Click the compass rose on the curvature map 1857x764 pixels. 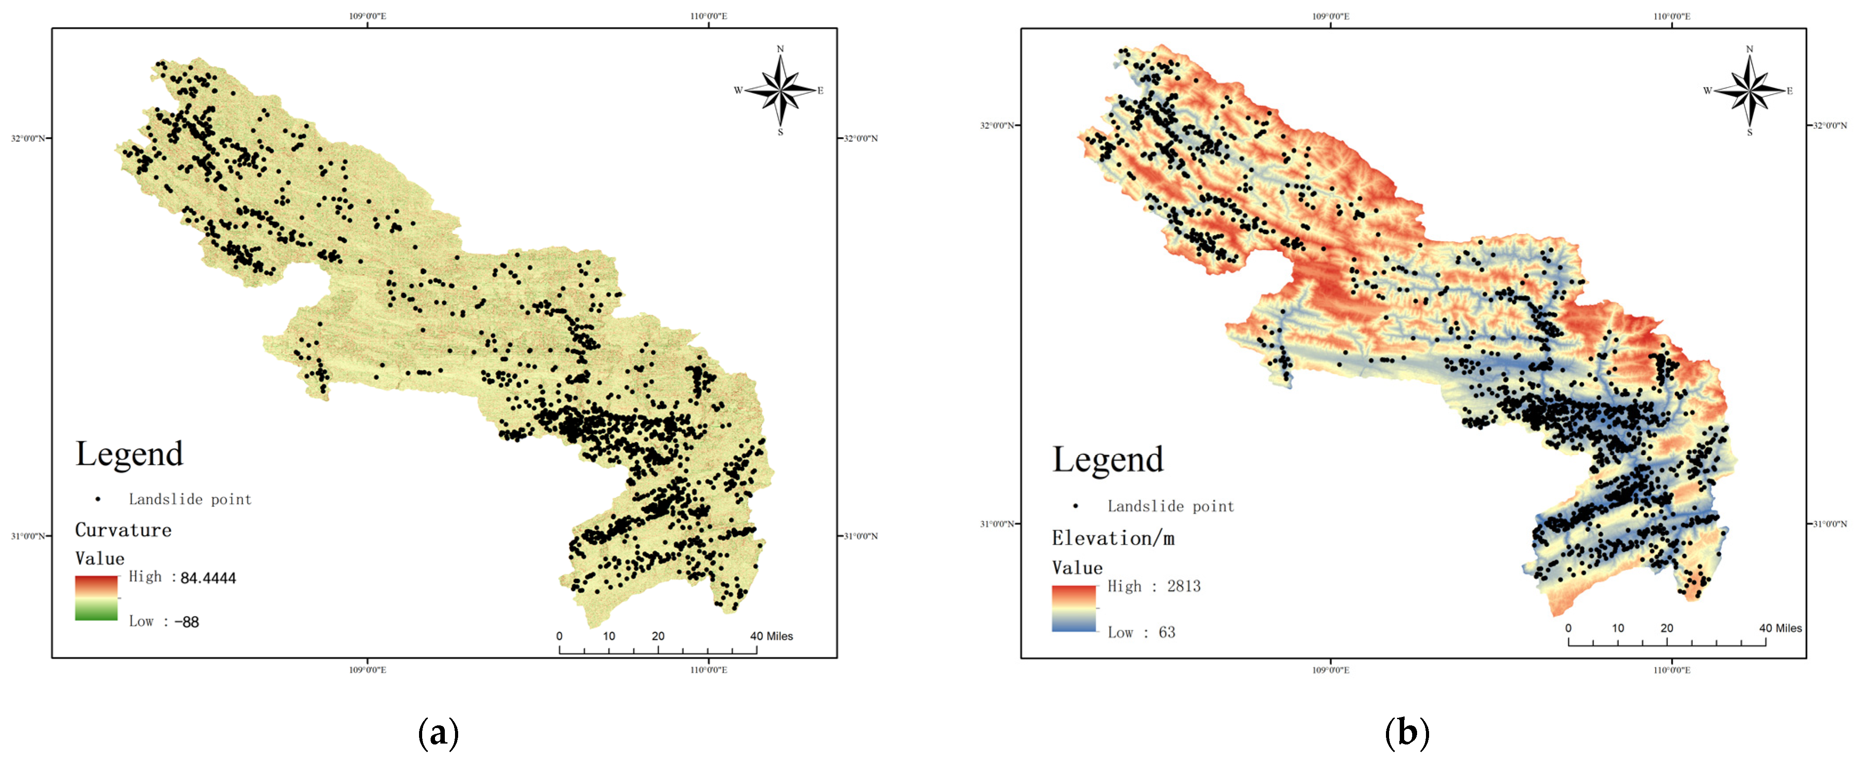coord(780,91)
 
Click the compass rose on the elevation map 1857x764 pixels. coord(1749,91)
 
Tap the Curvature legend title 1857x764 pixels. coord(123,530)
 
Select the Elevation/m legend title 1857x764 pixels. coord(1113,538)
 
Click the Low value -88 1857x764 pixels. coord(187,622)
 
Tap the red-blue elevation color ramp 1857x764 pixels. coord(1074,609)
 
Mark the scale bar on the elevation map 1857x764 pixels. coord(1667,641)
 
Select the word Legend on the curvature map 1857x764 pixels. coord(130,454)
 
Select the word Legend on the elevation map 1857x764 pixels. coord(1108,460)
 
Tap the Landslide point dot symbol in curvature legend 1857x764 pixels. coord(98,499)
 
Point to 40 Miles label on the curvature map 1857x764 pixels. coord(771,637)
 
